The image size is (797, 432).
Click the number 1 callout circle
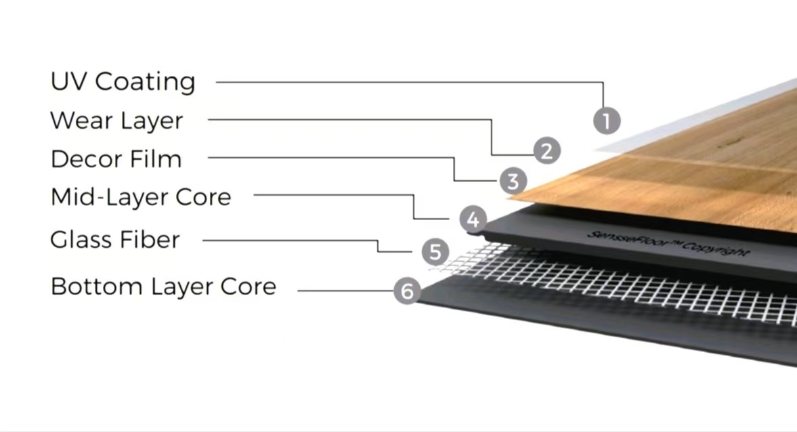pyautogui.click(x=607, y=121)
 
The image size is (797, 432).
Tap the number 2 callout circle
pyautogui.click(x=546, y=150)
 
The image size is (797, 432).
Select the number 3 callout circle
pyautogui.click(x=513, y=181)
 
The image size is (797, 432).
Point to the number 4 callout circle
pyautogui.click(x=473, y=219)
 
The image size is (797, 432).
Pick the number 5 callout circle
pyautogui.click(x=435, y=252)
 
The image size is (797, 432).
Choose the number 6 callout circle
pyautogui.click(x=407, y=292)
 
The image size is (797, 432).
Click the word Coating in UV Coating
pyautogui.click(x=145, y=82)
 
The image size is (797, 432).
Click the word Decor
pyautogui.click(x=81, y=160)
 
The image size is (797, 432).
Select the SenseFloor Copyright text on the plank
pyautogui.click(x=667, y=242)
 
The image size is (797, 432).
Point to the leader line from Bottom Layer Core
pyautogui.click(x=345, y=291)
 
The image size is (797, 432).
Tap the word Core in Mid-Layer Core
pyautogui.click(x=203, y=198)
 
